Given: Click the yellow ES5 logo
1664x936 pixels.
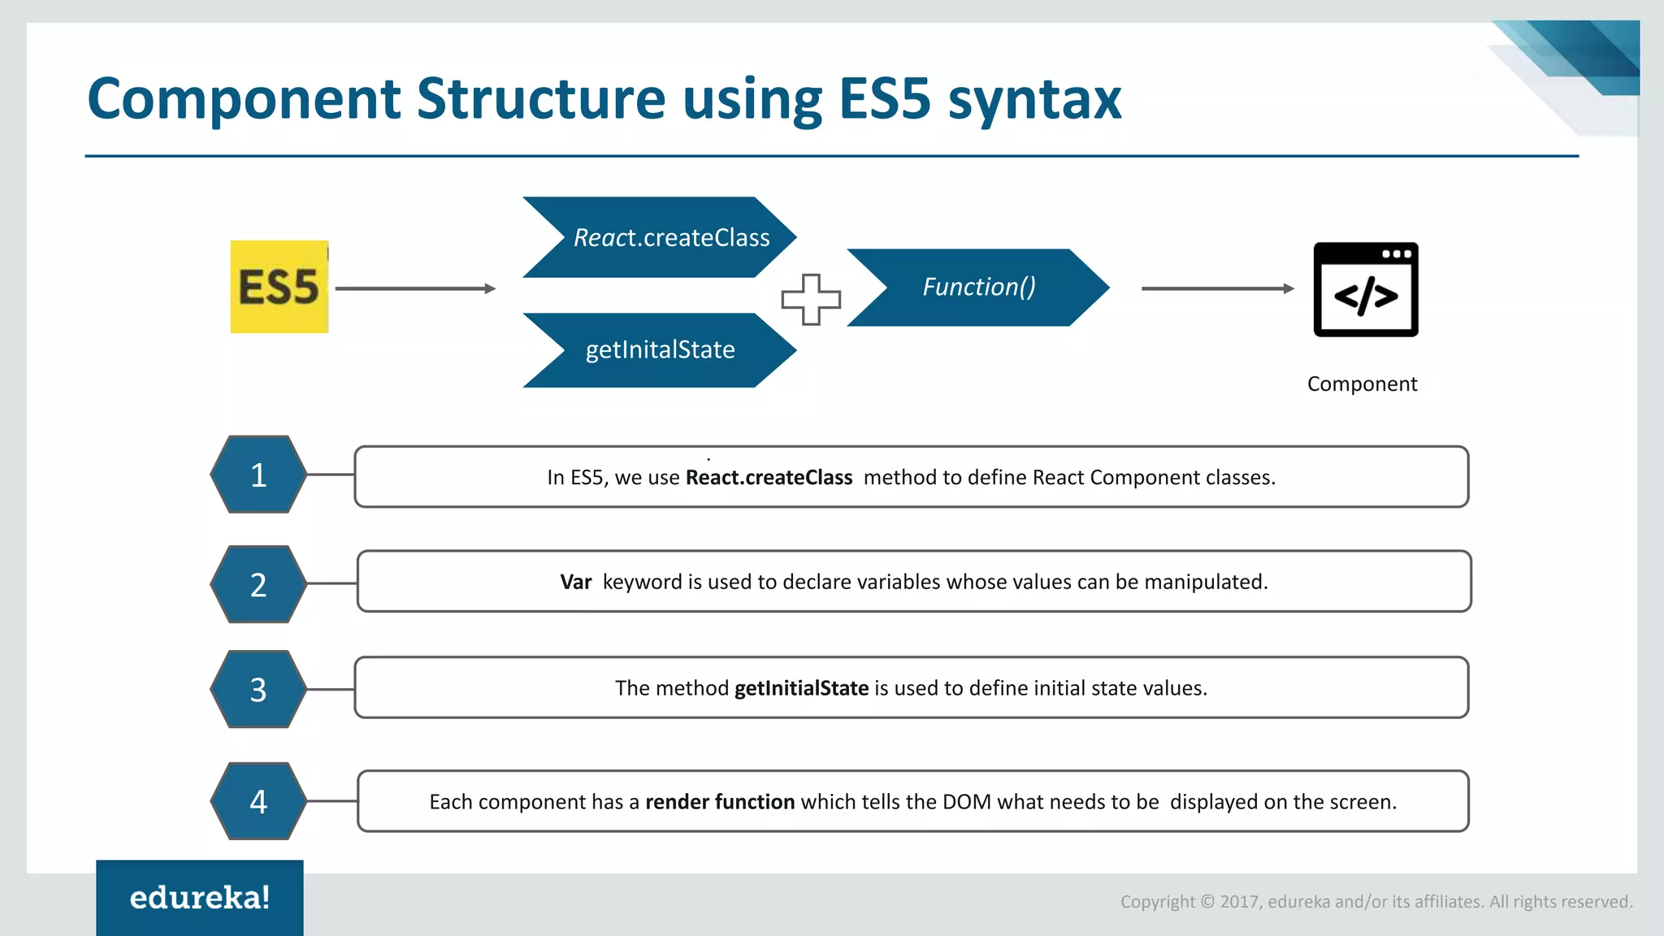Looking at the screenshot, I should click(279, 287).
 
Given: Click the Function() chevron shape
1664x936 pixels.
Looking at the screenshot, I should click(978, 288).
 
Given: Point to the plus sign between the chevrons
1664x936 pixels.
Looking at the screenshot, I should click(810, 299).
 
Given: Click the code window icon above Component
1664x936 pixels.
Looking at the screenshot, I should click(1365, 289).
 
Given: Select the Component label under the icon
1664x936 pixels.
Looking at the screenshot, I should click(1362, 384).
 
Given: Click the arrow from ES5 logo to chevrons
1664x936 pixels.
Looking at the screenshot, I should click(415, 288).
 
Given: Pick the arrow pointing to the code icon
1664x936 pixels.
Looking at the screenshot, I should click(1217, 288).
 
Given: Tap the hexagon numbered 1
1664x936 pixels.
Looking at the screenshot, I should click(258, 475).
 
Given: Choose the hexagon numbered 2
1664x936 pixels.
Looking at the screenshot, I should click(258, 585).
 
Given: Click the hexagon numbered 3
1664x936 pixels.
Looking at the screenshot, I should click(258, 690).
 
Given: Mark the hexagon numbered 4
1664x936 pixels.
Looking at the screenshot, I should click(258, 802).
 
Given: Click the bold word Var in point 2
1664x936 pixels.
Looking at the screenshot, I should click(575, 583).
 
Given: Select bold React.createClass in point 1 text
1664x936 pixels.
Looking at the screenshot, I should click(769, 478).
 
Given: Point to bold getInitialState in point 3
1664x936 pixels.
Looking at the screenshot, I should click(801, 689).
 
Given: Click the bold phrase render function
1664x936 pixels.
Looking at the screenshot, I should click(720, 803).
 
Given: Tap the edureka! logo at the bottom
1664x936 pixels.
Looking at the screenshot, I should click(200, 898).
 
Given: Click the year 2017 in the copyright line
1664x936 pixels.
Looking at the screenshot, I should click(1240, 902).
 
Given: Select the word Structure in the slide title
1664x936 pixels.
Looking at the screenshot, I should click(541, 99).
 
